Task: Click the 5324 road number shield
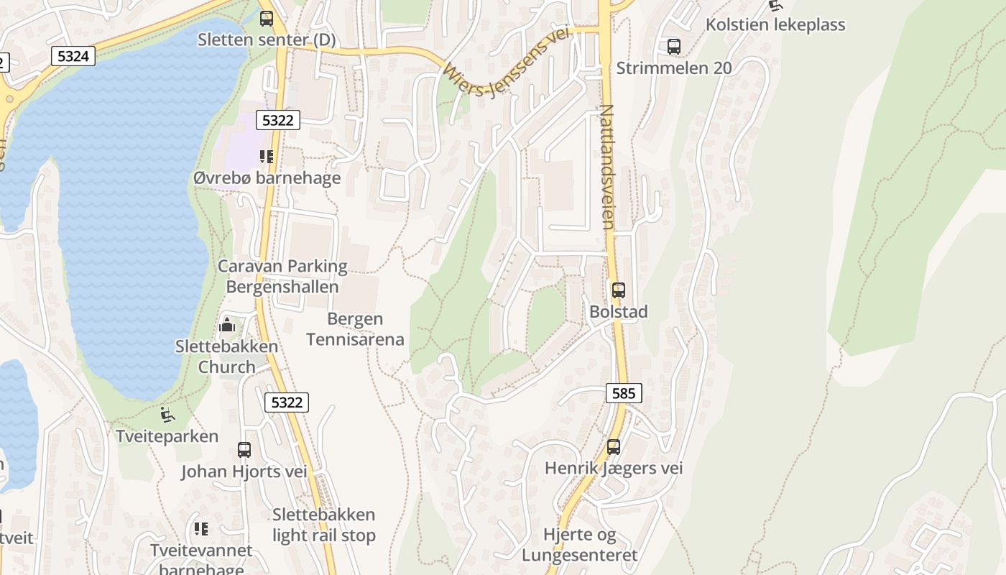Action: pyautogui.click(x=73, y=56)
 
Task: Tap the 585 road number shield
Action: pyautogui.click(x=624, y=393)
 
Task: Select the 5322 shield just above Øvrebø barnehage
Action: pyautogui.click(x=277, y=121)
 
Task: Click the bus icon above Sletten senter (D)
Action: pyautogui.click(x=267, y=19)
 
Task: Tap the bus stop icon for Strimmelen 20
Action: pyautogui.click(x=673, y=47)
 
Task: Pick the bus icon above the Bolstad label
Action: pyautogui.click(x=618, y=290)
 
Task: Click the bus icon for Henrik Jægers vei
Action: pyautogui.click(x=613, y=446)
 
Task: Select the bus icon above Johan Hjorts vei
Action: pyautogui.click(x=244, y=450)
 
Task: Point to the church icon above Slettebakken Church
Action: pyautogui.click(x=227, y=325)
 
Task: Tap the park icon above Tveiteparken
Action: pyautogui.click(x=167, y=414)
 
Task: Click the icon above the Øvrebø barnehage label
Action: pyautogui.click(x=267, y=156)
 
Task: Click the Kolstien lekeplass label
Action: pyautogui.click(x=775, y=24)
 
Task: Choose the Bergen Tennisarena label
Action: pyautogui.click(x=355, y=329)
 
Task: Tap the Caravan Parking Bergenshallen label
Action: pyautogui.click(x=282, y=277)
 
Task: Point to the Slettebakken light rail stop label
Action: pyautogui.click(x=324, y=525)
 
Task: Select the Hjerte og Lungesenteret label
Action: pyautogui.click(x=579, y=545)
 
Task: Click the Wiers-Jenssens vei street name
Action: pyautogui.click(x=506, y=65)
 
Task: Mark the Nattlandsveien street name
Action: pyautogui.click(x=606, y=167)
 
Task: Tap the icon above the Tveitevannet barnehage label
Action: pyautogui.click(x=201, y=529)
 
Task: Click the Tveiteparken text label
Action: pyautogui.click(x=167, y=436)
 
